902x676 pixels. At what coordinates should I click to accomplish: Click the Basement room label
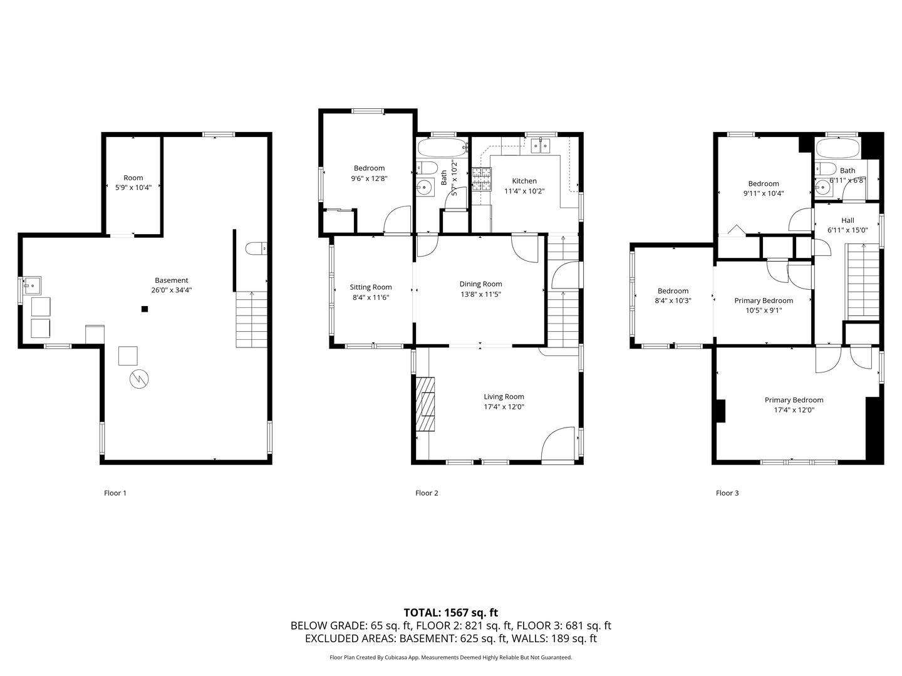pyautogui.click(x=171, y=280)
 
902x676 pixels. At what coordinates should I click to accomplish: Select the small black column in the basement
pyautogui.click(x=145, y=309)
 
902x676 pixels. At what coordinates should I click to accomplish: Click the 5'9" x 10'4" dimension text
pyautogui.click(x=133, y=187)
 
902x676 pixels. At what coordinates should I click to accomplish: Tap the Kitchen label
pyautogui.click(x=524, y=181)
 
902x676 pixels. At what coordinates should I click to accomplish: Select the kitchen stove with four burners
pyautogui.click(x=482, y=179)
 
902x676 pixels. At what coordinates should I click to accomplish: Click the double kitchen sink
pyautogui.click(x=540, y=146)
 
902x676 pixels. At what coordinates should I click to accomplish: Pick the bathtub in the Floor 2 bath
pyautogui.click(x=442, y=148)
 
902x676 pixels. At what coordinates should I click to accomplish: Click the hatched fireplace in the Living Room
pyautogui.click(x=427, y=404)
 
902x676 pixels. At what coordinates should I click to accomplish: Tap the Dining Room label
pyautogui.click(x=480, y=284)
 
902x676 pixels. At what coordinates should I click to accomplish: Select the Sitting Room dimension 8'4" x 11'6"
pyautogui.click(x=371, y=297)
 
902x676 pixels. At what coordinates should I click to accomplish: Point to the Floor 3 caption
pyautogui.click(x=727, y=493)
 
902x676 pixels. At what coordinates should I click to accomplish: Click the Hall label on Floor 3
pyautogui.click(x=848, y=220)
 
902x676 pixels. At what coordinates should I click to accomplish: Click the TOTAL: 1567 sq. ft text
pyautogui.click(x=450, y=613)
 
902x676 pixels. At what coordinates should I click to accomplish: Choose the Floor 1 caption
pyautogui.click(x=115, y=493)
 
